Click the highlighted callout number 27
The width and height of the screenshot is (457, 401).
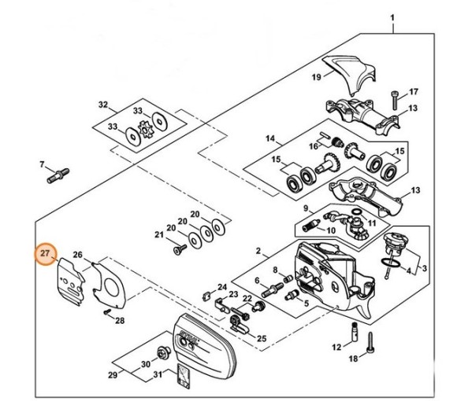click(x=46, y=255)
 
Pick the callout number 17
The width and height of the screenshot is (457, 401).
click(x=413, y=92)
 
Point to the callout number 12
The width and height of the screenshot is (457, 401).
click(x=336, y=346)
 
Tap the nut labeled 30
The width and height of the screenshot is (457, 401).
click(x=164, y=353)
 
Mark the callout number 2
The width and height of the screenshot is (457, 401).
click(x=258, y=251)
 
